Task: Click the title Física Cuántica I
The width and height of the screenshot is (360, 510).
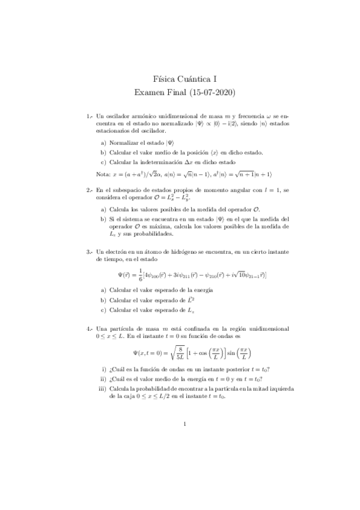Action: pos(180,79)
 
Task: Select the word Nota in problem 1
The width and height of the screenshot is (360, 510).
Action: pos(102,174)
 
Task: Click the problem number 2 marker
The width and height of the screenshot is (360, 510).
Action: pos(89,190)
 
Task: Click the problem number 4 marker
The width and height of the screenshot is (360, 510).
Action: pos(89,330)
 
